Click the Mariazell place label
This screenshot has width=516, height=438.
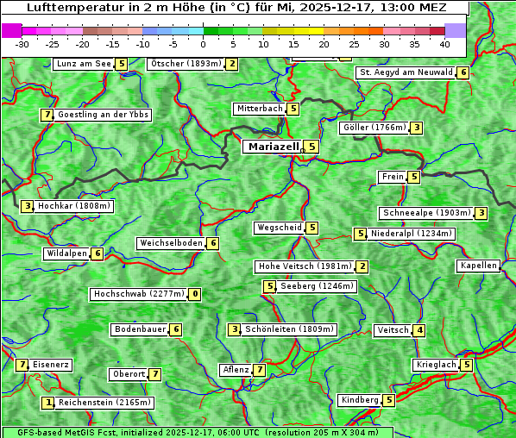273,147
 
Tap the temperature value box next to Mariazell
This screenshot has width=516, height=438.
311,147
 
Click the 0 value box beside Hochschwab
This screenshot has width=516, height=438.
195,294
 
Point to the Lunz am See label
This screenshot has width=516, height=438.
84,64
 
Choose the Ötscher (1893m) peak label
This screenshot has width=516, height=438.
186,64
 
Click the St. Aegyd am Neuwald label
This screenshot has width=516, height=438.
406,72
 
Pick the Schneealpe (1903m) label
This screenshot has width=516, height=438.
426,213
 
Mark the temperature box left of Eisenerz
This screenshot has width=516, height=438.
22,365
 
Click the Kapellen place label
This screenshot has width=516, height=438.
478,266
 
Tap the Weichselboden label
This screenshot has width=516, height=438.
172,243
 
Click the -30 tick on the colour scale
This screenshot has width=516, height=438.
22,43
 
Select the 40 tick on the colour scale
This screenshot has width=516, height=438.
444,43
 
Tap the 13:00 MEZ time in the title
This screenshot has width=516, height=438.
418,8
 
